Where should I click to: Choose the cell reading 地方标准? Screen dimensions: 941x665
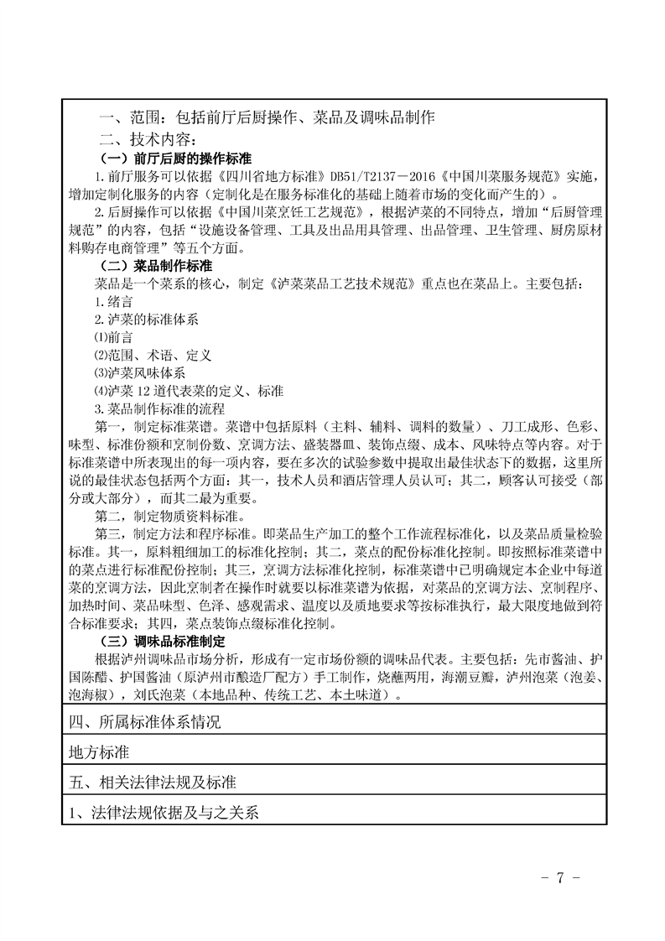coord(99,751)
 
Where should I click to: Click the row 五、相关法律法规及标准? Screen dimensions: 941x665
coord(154,782)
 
